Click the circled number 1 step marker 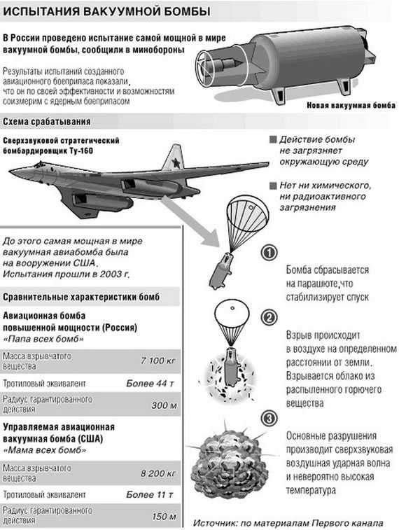(x=269, y=253)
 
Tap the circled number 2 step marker (x=269, y=317)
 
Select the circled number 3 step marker (x=269, y=419)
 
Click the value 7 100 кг (x=158, y=361)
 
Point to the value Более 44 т (x=150, y=383)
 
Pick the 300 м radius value (x=164, y=405)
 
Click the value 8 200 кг (x=158, y=473)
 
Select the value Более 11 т (x=150, y=495)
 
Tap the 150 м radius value (x=164, y=517)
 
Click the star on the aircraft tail (x=176, y=163)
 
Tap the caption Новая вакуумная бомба (x=351, y=106)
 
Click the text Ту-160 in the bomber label (x=82, y=151)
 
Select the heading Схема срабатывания (x=47, y=122)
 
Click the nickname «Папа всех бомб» (x=43, y=339)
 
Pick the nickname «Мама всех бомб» (x=44, y=451)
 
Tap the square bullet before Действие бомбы (x=272, y=140)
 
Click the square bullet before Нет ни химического (x=272, y=186)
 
